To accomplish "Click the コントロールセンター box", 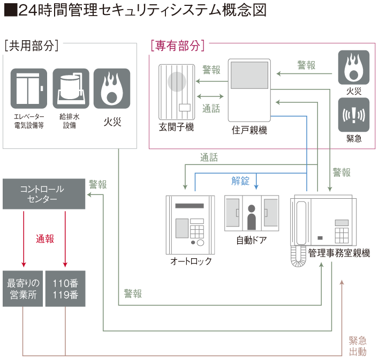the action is pos(44,194).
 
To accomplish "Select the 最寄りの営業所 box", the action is pos(22,289).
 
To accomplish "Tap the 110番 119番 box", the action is pos(65,289).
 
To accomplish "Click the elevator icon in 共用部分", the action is pos(29,88).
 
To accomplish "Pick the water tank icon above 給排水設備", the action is pos(71,88).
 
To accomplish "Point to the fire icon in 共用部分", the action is pos(112,88).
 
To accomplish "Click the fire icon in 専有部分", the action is pos(354,67).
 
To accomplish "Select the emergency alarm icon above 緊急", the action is pos(354,115).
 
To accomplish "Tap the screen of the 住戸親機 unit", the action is pos(249,75).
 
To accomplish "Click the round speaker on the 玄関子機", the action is pos(177,82).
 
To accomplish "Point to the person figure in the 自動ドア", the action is pos(252,217).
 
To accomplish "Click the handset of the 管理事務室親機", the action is pos(301,223).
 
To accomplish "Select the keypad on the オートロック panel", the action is pos(197,232).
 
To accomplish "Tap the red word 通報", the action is pos(45,239).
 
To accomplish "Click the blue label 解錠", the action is pos(240,181).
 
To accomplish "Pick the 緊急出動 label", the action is pos(358,346).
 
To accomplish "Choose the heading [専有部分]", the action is pos(178,46).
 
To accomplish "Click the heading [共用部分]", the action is pos(32,46).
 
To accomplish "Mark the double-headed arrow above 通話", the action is pos(210,96).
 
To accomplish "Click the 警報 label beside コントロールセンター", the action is pos(97,185).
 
